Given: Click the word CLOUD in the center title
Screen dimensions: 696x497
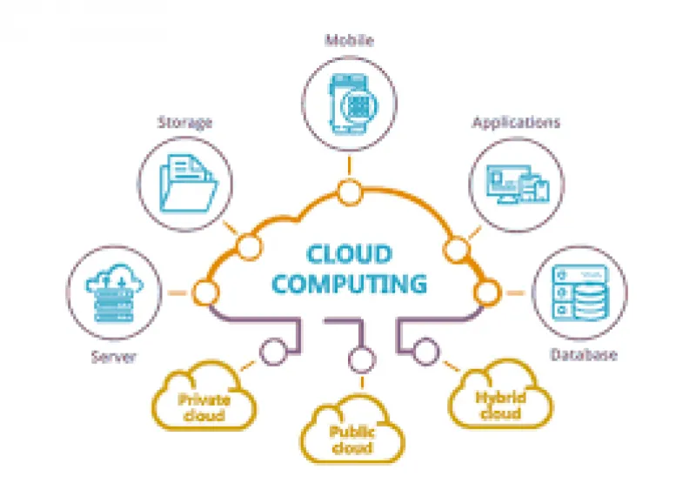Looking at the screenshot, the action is click(350, 253).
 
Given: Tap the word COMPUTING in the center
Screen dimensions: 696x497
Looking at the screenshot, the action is click(350, 284).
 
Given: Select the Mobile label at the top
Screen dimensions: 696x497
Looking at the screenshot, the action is click(350, 40).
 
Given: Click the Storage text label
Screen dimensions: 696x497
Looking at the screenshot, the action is click(185, 122).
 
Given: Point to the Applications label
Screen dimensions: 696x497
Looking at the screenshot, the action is click(516, 122).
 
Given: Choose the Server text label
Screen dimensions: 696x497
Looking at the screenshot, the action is click(114, 357).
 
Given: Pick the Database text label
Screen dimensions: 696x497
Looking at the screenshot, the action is click(584, 354).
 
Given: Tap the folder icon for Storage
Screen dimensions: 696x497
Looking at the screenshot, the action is click(189, 183).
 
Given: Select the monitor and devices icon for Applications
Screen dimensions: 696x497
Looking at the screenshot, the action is click(518, 185).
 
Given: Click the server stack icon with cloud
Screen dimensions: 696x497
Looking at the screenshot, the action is click(115, 293).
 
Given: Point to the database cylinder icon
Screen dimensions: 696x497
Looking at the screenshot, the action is click(580, 292).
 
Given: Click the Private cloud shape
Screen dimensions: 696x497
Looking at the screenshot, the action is click(204, 395).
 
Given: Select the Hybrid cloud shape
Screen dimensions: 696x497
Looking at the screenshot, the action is click(501, 393).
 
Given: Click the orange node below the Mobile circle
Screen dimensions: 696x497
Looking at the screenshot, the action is click(350, 192).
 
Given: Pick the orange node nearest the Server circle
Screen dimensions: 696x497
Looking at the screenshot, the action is click(205, 292).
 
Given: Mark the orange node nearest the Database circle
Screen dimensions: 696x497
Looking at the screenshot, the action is click(487, 292).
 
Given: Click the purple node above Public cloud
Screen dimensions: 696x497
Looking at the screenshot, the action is click(362, 359).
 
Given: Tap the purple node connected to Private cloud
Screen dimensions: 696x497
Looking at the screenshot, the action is click(273, 352).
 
